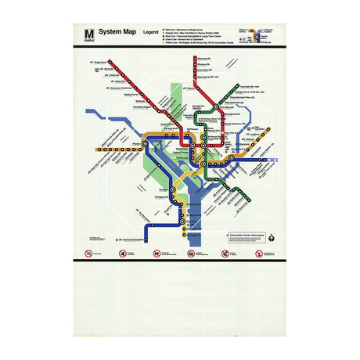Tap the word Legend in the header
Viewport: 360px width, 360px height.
coord(150,32)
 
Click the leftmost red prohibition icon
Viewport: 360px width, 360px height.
coord(88,254)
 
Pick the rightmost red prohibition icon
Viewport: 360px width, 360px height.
coord(258,254)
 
